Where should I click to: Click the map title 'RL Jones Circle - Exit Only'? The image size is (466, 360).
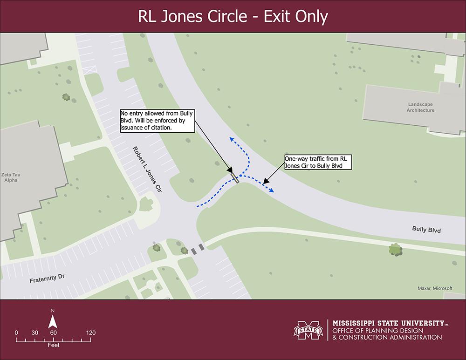click(233, 16)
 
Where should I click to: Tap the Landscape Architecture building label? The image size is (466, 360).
click(420, 107)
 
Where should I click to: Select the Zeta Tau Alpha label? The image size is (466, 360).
click(11, 177)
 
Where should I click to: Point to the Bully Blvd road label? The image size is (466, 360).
click(426, 230)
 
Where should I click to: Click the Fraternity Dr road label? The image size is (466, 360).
click(46, 279)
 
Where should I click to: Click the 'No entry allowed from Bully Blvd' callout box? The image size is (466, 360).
click(157, 120)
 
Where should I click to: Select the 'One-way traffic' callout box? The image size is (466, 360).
click(317, 162)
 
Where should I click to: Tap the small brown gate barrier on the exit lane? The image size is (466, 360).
click(235, 178)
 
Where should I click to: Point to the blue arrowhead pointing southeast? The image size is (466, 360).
click(272, 190)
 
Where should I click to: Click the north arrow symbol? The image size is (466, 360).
click(53, 320)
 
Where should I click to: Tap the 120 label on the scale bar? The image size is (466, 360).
click(90, 333)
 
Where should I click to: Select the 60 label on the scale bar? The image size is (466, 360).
click(53, 333)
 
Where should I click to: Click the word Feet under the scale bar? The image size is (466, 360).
click(53, 346)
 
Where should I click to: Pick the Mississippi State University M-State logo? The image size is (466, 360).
click(308, 331)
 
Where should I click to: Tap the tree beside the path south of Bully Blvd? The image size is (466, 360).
click(396, 250)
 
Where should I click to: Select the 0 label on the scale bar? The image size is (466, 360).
click(16, 333)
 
